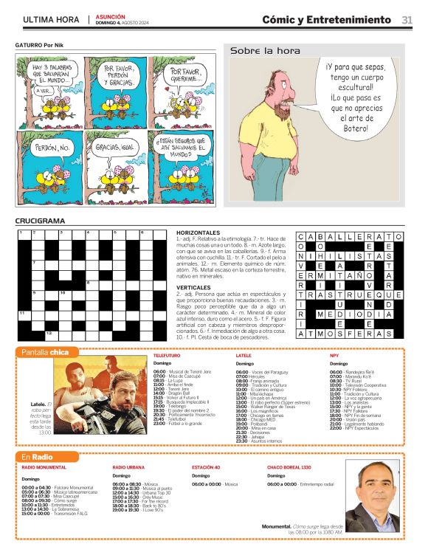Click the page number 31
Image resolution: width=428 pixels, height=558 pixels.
point(407,20)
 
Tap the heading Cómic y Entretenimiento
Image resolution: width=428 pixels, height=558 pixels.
point(328,20)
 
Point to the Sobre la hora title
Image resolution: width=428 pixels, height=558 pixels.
point(265,51)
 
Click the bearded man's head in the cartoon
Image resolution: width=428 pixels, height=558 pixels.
point(260,83)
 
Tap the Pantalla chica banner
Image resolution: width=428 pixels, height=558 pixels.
point(46,352)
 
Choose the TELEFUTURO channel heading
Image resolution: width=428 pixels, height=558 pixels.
point(167,355)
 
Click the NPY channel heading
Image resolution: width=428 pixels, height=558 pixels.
point(334,355)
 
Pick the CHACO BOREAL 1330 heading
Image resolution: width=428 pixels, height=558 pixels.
point(289,468)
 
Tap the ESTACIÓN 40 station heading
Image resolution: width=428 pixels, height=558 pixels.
point(206,468)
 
